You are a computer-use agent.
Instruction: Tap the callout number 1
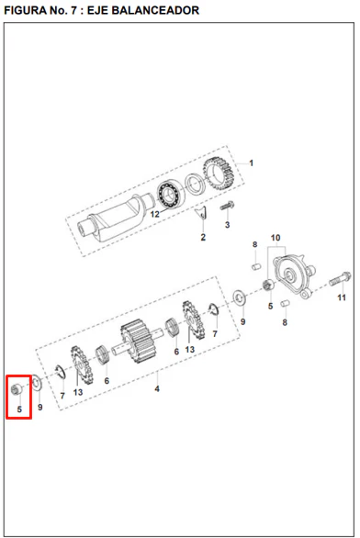coord(252,163)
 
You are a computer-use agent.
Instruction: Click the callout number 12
coord(155,214)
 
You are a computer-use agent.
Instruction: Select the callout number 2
coord(203,237)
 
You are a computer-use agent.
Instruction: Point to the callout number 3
coord(227,225)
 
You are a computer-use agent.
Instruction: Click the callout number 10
coord(276,238)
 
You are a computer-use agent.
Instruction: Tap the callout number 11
coord(342,297)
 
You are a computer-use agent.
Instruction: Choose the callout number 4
coord(157,388)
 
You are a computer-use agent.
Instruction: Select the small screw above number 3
coord(227,206)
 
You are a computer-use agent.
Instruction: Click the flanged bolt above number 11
coord(340,278)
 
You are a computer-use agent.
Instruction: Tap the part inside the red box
coord(17,389)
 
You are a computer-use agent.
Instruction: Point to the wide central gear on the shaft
coord(139,341)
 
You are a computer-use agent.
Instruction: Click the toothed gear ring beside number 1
coord(219,174)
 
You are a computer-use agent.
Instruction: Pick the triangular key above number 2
coord(201,213)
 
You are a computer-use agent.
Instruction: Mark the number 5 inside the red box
coord(19,409)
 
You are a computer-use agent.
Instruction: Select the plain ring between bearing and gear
coord(195,184)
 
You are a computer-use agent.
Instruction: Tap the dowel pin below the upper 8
coord(256,266)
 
